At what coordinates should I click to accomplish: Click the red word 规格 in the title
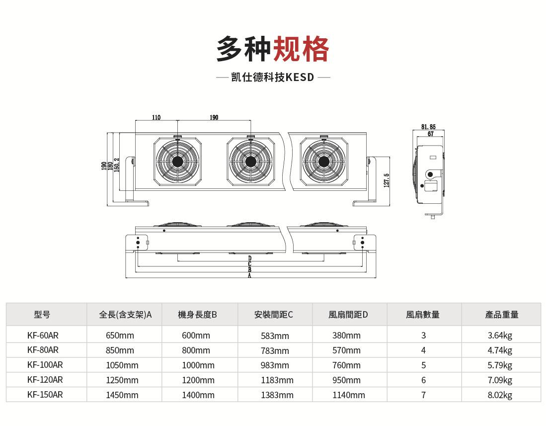coord(302,49)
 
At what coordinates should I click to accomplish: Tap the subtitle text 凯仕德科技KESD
coord(273,78)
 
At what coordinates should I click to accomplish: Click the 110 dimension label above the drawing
coord(156,118)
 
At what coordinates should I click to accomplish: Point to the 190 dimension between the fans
coord(214,118)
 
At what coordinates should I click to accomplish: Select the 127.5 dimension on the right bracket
coord(387,180)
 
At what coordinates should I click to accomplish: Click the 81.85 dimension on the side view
coord(428,127)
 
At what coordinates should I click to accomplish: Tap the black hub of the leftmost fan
coord(177,162)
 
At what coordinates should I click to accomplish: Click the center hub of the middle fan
coord(250,162)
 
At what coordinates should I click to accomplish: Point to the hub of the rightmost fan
coord(323,162)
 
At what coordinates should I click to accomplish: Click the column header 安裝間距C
coord(273,315)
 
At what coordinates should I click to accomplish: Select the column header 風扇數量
coord(423,315)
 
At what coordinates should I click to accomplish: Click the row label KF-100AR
coord(45,365)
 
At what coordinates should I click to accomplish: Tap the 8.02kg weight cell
coord(500,395)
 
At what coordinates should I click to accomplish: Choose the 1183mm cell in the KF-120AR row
coord(277,380)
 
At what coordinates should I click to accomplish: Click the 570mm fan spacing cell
coord(346,350)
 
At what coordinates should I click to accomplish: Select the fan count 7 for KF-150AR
coord(423,395)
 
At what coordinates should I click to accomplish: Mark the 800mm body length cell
coord(196,350)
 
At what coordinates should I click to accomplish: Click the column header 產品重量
coord(502,315)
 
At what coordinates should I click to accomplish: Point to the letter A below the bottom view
coord(249,275)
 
